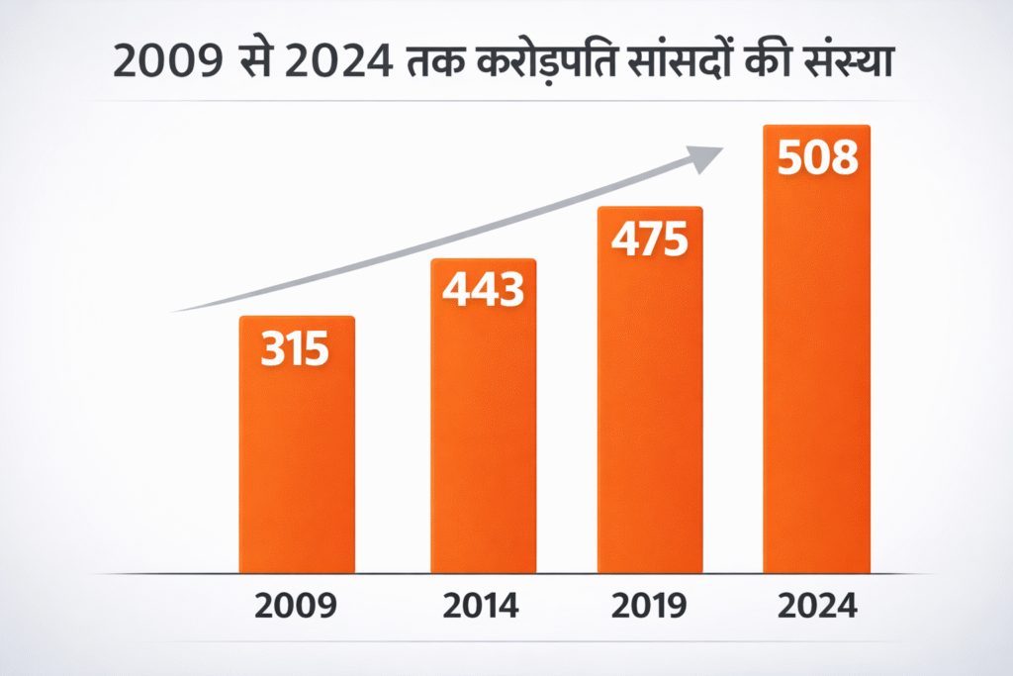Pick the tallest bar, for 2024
tap(816, 376)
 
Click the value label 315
tap(295, 350)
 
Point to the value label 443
tap(483, 290)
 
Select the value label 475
tap(649, 240)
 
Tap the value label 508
tap(817, 158)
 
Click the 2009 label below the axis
tap(296, 606)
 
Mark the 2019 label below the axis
tap(649, 606)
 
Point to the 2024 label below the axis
tap(817, 606)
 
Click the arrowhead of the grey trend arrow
tap(704, 156)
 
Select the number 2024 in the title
tap(346, 61)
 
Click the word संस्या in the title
tap(850, 61)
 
